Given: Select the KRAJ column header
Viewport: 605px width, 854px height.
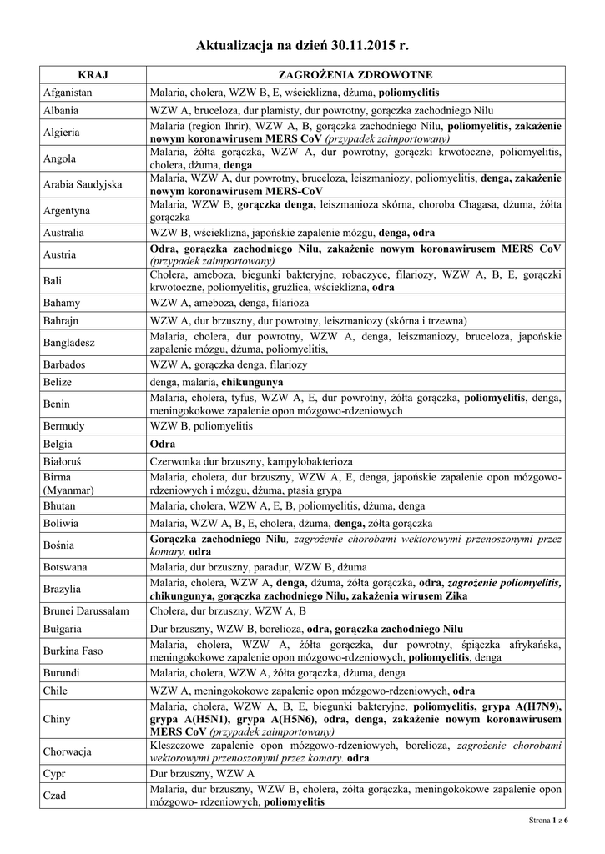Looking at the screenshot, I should [93, 75].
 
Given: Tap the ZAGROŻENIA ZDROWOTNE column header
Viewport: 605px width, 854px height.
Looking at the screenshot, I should [355, 75].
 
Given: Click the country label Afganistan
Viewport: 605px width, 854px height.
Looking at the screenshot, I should [68, 92].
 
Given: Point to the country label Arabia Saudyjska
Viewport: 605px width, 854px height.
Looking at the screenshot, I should [83, 184].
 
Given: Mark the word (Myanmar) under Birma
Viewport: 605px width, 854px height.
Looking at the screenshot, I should [69, 490].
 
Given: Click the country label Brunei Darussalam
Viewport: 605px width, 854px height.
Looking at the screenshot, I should [86, 611].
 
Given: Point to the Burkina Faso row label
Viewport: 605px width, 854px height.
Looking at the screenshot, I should [73, 651].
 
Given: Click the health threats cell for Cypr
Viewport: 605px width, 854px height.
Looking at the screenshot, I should [203, 774].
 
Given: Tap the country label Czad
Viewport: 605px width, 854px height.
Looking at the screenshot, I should [56, 796].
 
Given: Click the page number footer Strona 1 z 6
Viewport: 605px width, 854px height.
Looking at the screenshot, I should [548, 821].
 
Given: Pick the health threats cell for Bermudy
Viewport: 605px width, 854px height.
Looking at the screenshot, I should [200, 426].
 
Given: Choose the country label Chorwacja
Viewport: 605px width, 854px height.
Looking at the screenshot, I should [68, 751].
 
